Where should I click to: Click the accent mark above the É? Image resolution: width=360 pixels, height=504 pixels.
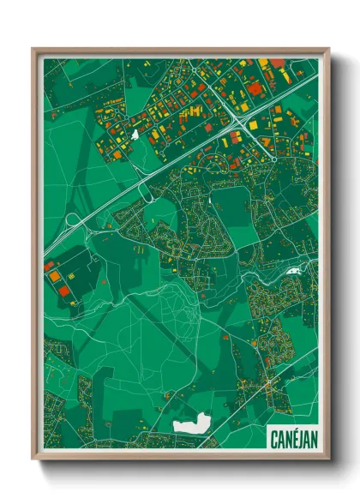[290, 428]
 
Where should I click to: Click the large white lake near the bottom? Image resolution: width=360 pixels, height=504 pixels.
[192, 422]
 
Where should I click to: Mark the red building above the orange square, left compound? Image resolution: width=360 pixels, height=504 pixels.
[51, 267]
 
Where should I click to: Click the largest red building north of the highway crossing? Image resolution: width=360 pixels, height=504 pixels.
[254, 89]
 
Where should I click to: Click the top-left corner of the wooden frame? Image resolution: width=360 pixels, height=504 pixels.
[33, 50]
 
